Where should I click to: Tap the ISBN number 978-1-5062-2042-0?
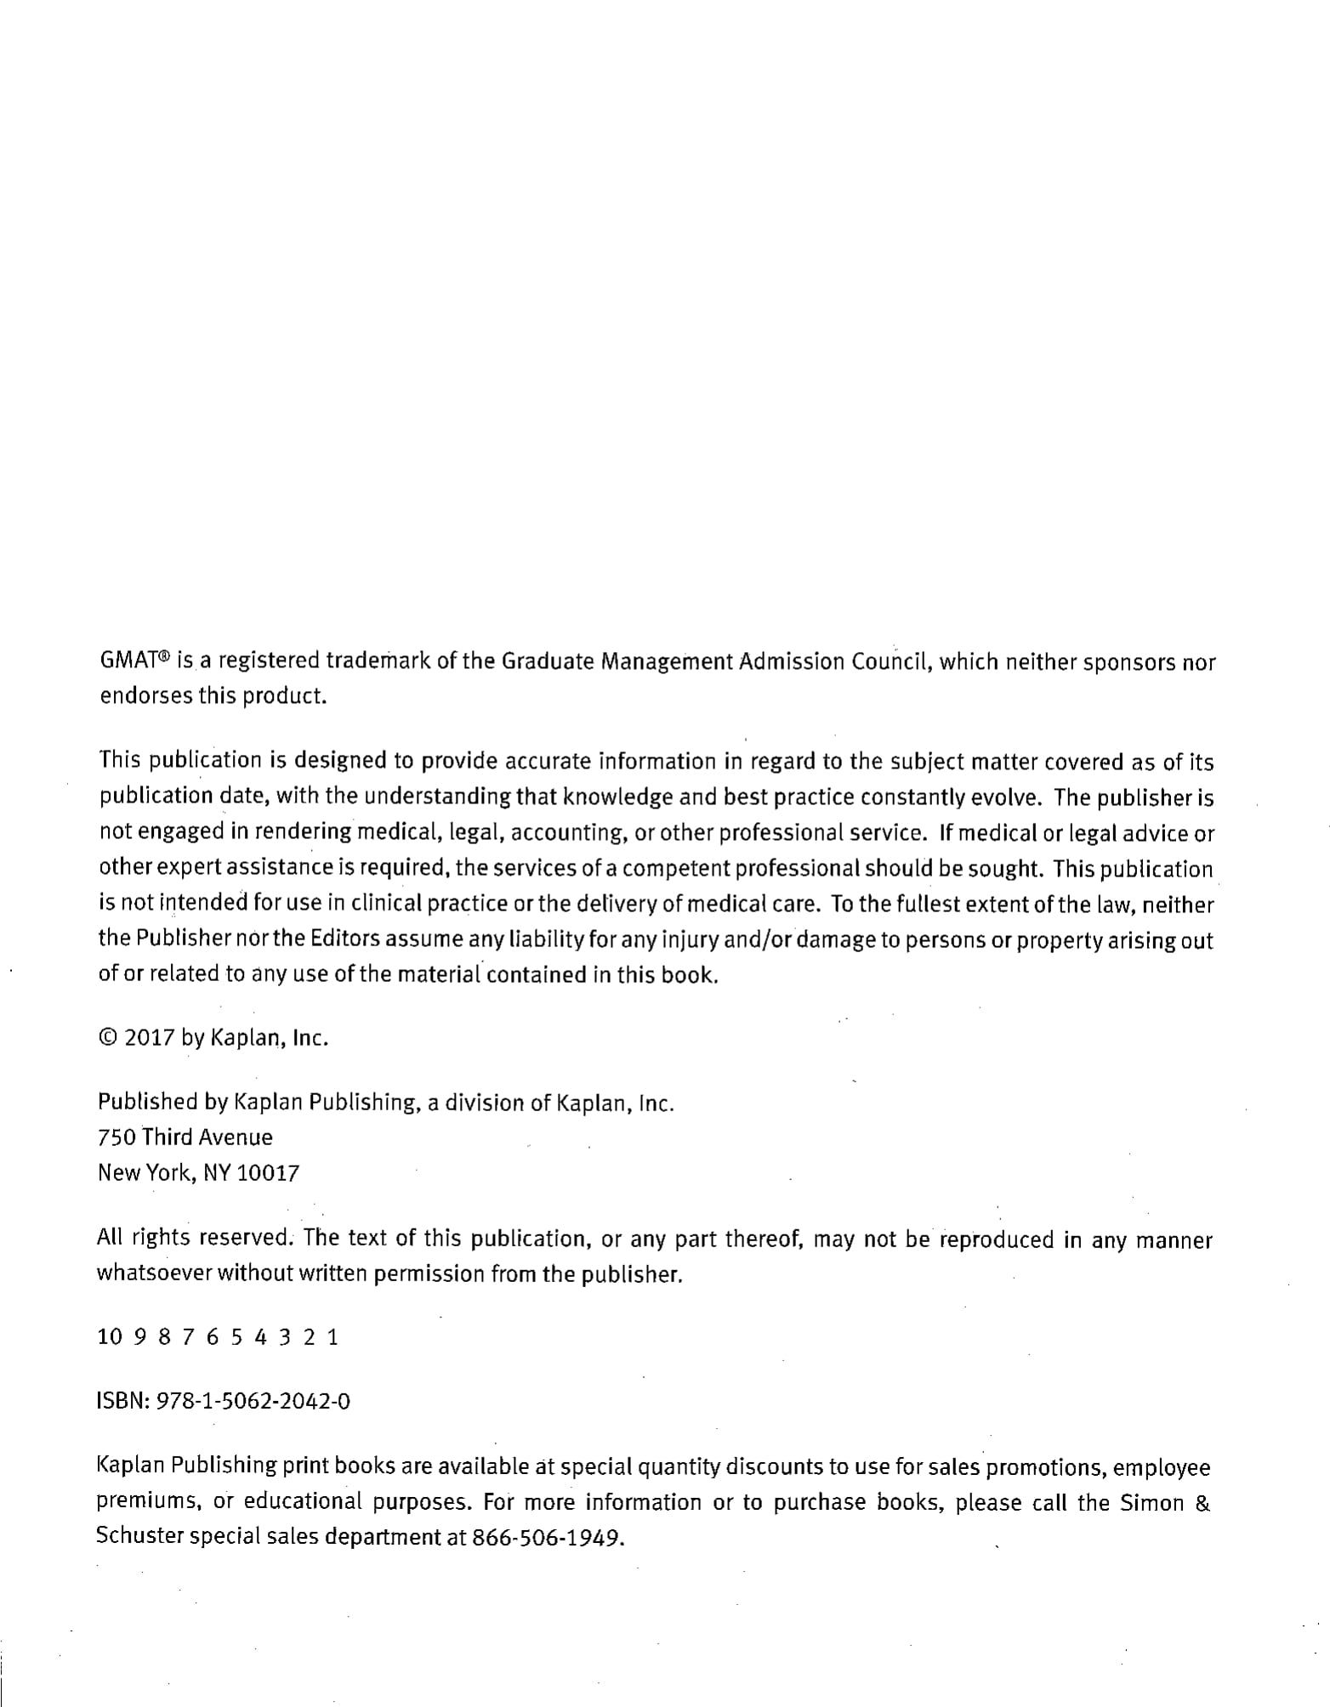[x=253, y=1400]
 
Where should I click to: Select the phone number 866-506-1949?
[x=548, y=1538]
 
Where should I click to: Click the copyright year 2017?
[x=150, y=1038]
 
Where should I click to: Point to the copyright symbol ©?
[x=108, y=1038]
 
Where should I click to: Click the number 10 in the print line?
[x=110, y=1336]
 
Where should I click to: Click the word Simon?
[x=1152, y=1502]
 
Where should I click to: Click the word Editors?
[x=345, y=939]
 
